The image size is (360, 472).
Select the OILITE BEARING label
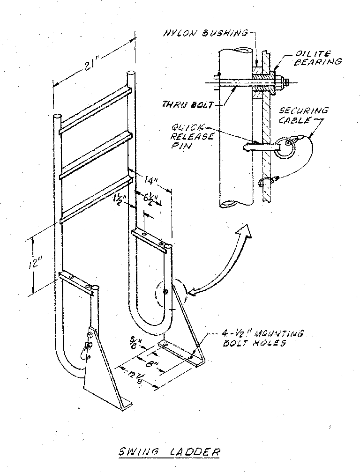coord(318,58)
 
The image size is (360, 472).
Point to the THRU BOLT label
coord(188,105)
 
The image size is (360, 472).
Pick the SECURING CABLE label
coord(303,115)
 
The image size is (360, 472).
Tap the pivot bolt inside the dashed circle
coord(165,292)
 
